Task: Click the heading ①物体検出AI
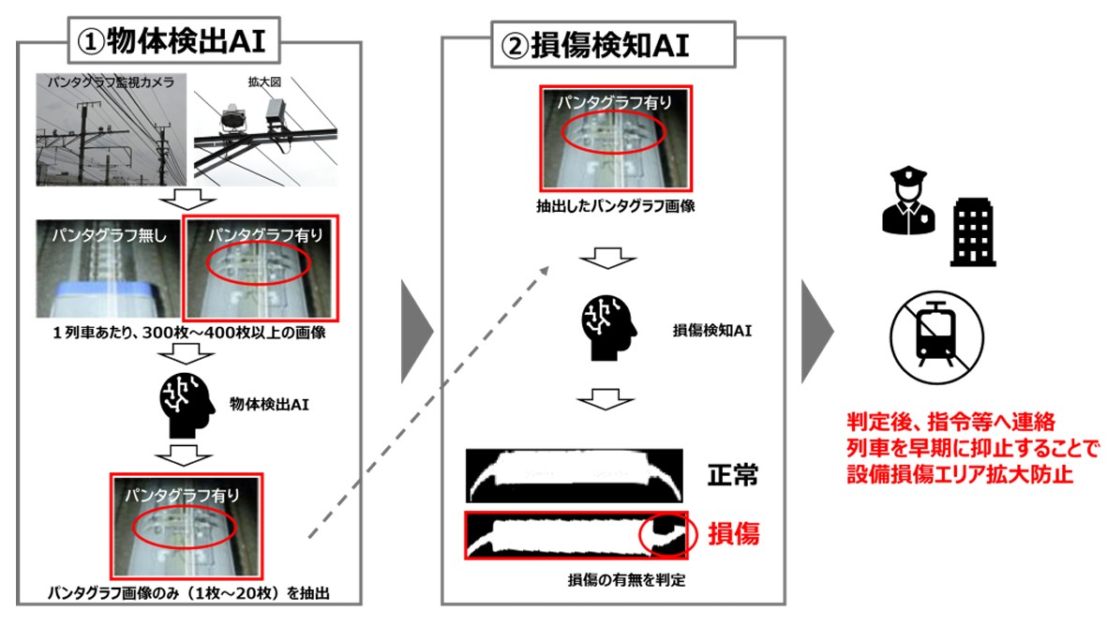pos(176,41)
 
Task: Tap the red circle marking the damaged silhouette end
pos(669,534)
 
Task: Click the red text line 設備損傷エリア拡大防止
pos(956,475)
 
